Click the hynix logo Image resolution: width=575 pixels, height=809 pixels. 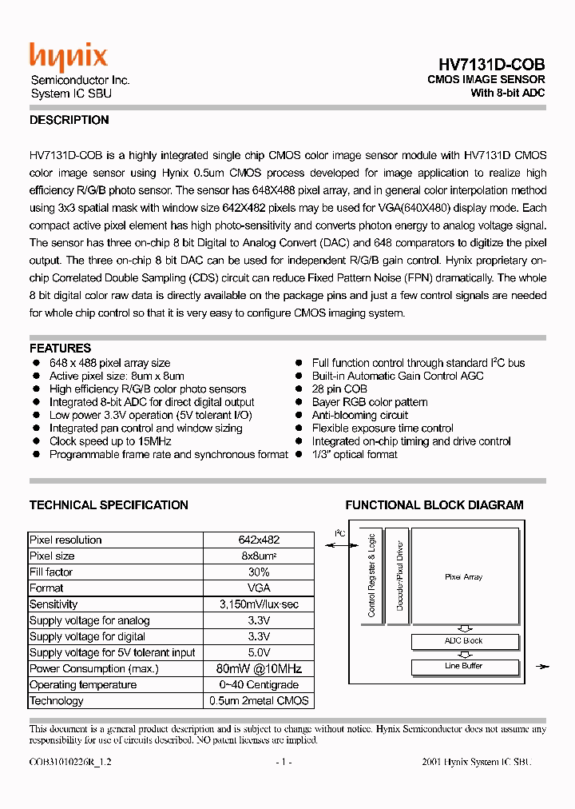coord(68,57)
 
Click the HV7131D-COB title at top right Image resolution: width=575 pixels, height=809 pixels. coord(491,65)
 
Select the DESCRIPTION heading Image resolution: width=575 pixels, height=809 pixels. coord(69,120)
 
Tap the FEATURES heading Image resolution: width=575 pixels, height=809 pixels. coord(60,349)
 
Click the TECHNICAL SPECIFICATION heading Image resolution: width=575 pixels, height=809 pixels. coord(109,505)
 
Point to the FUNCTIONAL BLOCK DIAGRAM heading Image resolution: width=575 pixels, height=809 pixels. coord(434,505)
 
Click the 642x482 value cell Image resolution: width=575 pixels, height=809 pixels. coord(258,540)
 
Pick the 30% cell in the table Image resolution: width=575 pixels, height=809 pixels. coord(258,572)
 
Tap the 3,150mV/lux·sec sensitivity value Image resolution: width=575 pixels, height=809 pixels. coord(258,604)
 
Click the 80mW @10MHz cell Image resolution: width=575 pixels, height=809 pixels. coord(258,668)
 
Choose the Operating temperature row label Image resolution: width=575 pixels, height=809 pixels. coord(83,684)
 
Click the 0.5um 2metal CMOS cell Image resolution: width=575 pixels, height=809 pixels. coord(258,700)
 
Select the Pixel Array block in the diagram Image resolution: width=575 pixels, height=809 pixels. coord(463,576)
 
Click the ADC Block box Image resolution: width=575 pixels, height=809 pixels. coord(463,641)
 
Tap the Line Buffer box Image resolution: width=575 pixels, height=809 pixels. coord(463,666)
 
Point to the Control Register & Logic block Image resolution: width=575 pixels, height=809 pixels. coord(371,576)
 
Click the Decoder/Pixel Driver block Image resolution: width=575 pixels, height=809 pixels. coord(400,576)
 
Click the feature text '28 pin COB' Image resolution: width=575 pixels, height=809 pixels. coord(341,389)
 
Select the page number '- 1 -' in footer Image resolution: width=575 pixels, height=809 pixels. coord(284,762)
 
